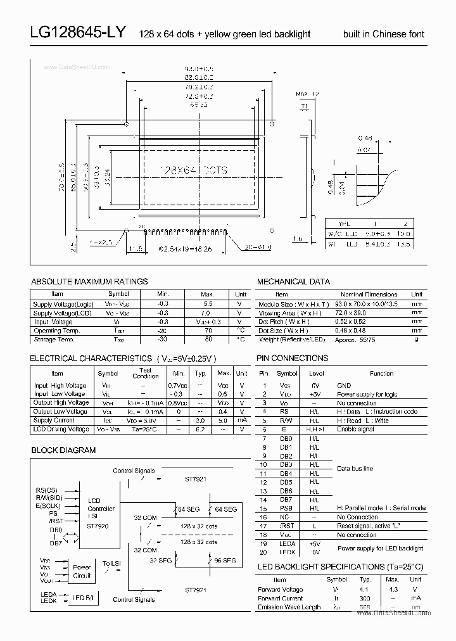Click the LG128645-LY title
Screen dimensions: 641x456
click(x=79, y=34)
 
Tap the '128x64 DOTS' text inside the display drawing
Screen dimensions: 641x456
click(x=185, y=170)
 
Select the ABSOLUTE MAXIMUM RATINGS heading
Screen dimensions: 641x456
click(x=89, y=281)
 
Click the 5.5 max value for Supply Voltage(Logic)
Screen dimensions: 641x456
click(x=207, y=304)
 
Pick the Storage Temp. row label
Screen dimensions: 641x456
click(x=57, y=340)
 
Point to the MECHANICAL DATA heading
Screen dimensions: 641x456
click(x=293, y=281)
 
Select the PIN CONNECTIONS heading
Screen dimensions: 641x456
click(x=292, y=359)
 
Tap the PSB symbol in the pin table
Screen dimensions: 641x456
click(x=286, y=509)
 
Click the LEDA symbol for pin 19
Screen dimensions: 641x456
click(x=287, y=543)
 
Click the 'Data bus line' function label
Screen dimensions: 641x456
click(x=355, y=469)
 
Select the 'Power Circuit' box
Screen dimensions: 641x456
click(x=82, y=571)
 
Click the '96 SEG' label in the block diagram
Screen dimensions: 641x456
click(x=225, y=561)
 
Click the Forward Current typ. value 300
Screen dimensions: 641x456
click(x=365, y=598)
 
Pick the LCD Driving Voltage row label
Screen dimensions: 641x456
click(x=61, y=429)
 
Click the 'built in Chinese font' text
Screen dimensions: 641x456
click(x=384, y=34)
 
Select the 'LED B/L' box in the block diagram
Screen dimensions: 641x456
click(x=82, y=597)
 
